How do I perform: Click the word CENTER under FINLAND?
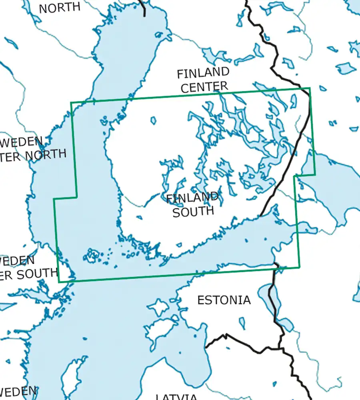pos(204,86)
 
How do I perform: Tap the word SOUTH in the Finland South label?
pos(193,211)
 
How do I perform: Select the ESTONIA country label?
pos(224,300)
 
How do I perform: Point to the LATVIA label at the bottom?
pos(176,396)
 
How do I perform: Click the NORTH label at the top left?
pos(60,7)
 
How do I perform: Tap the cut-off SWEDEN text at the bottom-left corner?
pos(18,392)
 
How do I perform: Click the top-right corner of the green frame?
pos(310,88)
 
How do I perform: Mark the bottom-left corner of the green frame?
pos(59,282)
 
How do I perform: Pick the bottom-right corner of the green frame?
pos(299,268)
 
